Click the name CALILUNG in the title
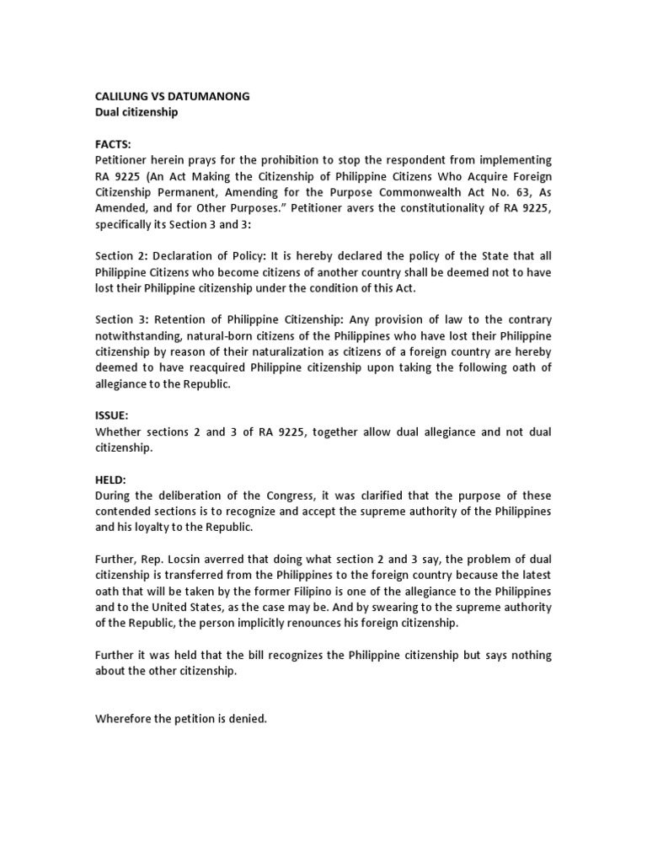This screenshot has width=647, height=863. (x=125, y=96)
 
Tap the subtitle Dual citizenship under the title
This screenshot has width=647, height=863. (x=136, y=112)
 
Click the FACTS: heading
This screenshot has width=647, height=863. (x=113, y=144)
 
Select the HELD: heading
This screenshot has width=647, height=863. (x=110, y=480)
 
